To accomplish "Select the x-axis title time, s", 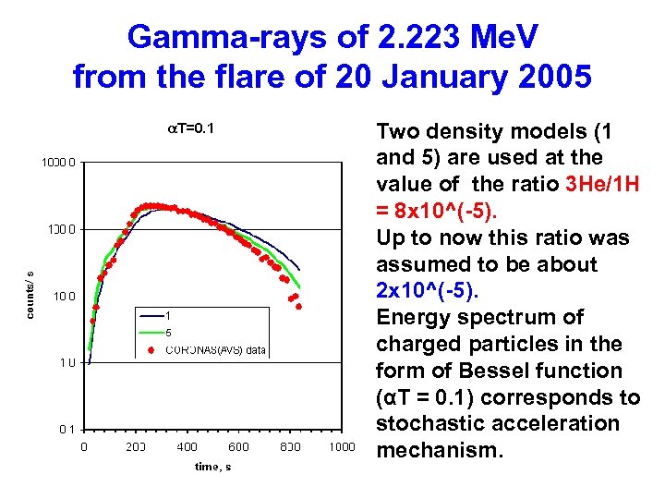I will pos(212,466).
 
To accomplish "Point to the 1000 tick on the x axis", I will pos(342,447).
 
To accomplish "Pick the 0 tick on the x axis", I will pos(84,447).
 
